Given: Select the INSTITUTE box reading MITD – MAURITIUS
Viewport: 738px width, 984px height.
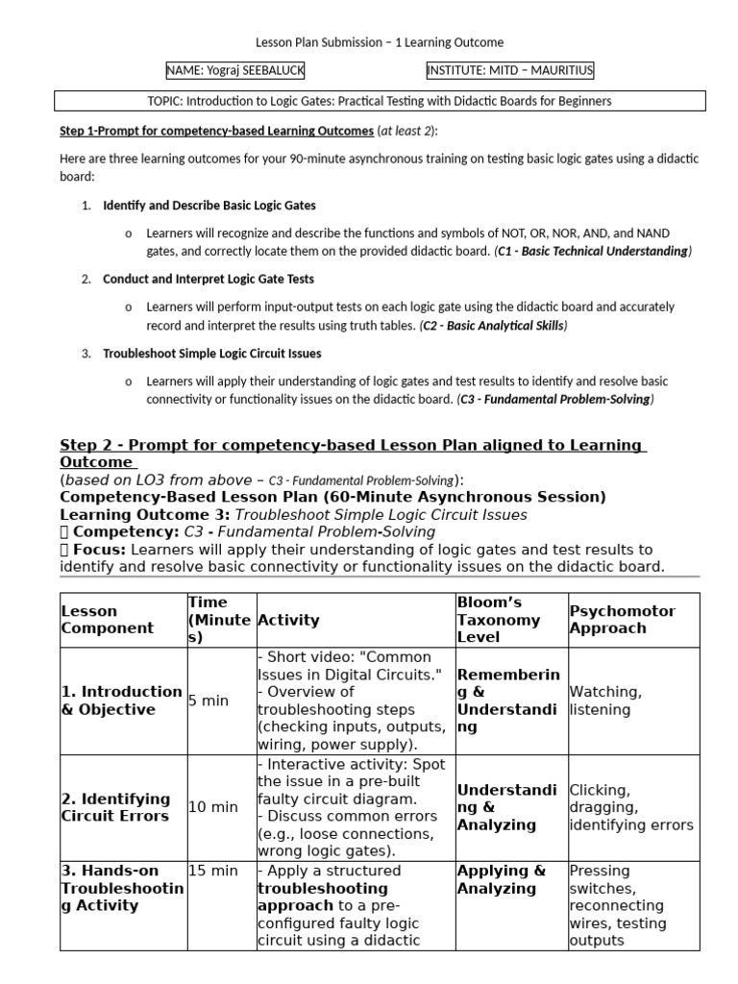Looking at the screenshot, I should coord(510,71).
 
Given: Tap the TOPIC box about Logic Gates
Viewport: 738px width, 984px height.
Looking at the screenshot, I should coord(379,101).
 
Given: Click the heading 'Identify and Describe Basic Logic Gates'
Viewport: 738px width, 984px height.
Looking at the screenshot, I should coord(209,206).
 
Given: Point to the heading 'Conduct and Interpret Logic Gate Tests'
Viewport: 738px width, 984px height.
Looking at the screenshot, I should coord(209,279).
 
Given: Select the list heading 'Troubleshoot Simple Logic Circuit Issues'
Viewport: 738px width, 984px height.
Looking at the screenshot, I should coord(212,354).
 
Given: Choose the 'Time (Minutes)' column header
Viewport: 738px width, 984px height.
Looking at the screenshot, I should coord(219,620).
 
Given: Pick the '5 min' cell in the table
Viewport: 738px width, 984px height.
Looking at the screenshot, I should coord(209,701).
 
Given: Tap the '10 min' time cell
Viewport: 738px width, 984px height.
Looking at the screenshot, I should coord(212,807).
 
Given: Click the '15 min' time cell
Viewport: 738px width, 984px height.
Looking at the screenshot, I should coord(212,871).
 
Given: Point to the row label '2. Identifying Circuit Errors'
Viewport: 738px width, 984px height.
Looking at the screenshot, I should coord(116,807).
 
